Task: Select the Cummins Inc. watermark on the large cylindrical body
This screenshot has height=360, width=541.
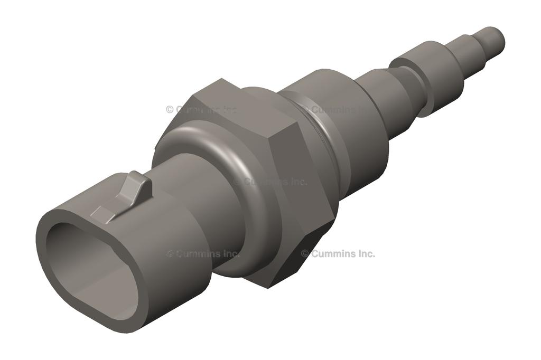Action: click(x=335, y=110)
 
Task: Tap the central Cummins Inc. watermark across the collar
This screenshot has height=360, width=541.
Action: click(x=270, y=182)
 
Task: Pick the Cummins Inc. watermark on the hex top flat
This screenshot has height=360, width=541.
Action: click(x=201, y=110)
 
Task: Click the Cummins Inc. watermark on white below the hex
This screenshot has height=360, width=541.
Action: click(x=338, y=253)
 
